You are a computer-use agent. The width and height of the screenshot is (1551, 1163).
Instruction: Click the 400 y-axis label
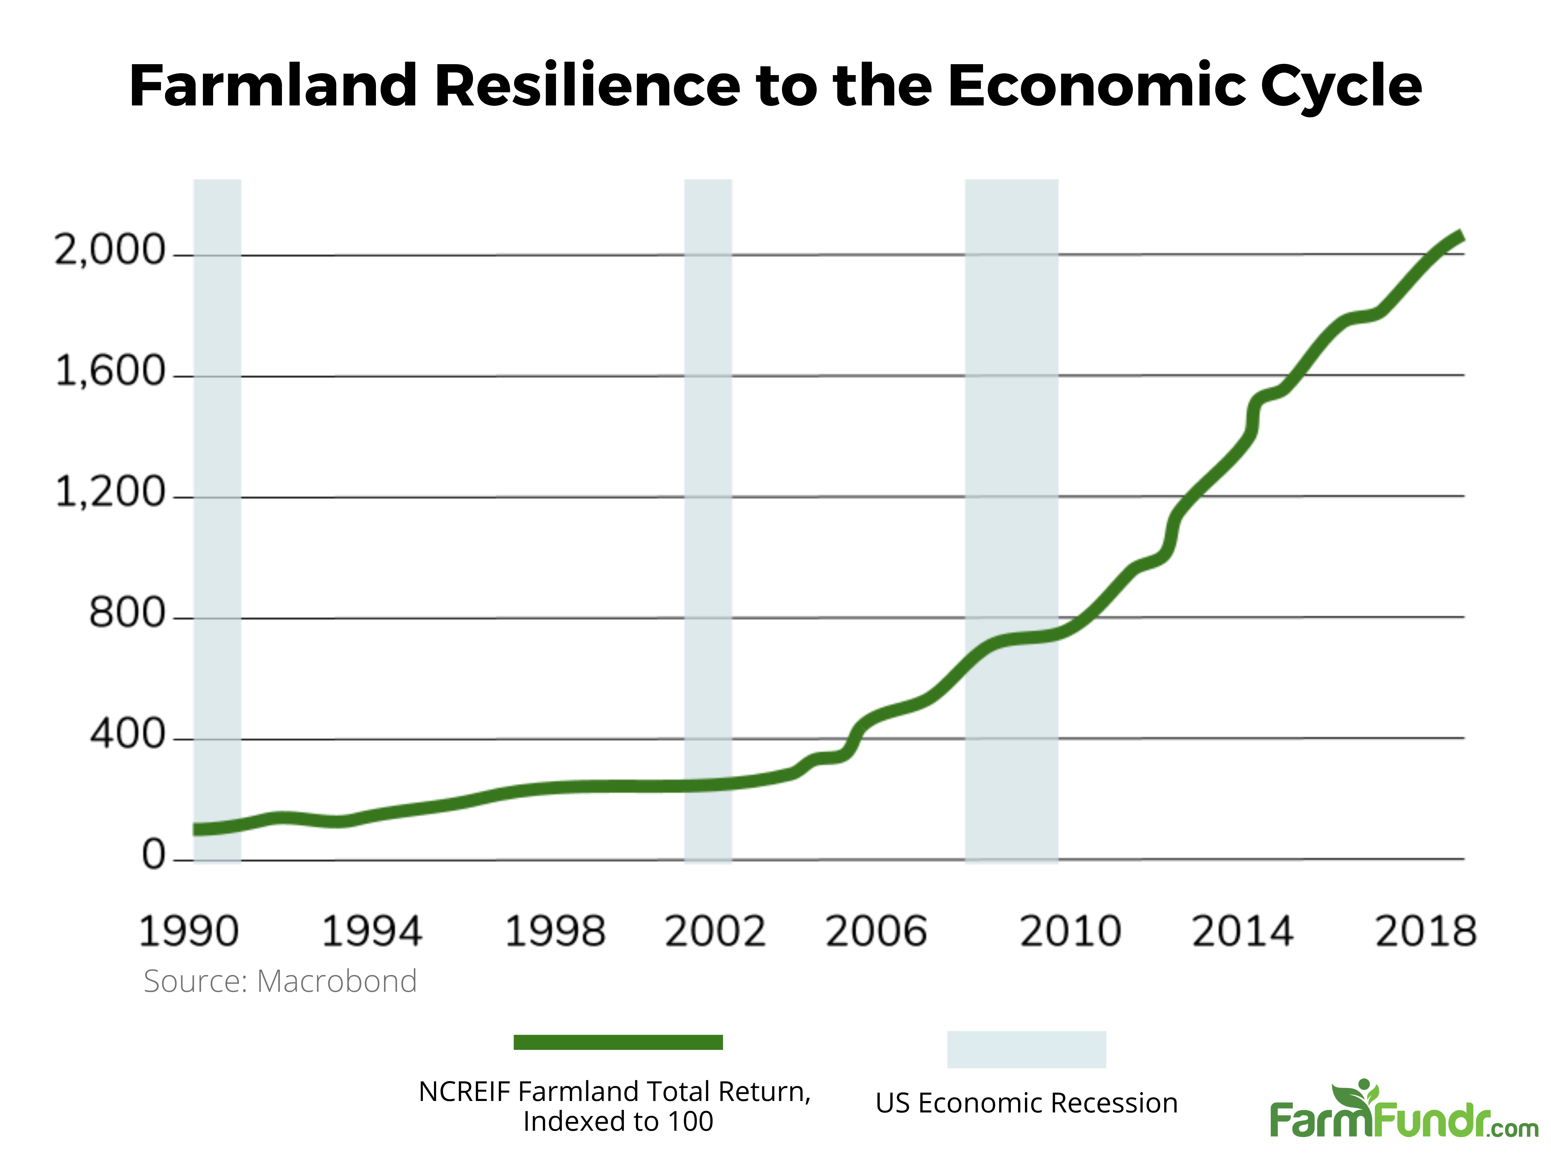[x=127, y=734]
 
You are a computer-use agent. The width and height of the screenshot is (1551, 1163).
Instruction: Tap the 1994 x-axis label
[x=372, y=932]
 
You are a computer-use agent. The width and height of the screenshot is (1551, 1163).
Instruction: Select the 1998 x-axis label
[x=555, y=932]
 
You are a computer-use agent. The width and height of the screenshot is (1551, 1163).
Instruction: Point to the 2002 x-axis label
[x=715, y=932]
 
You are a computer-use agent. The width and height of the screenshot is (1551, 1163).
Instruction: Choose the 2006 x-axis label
[x=876, y=932]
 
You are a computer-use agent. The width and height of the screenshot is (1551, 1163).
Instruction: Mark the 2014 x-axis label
[x=1242, y=932]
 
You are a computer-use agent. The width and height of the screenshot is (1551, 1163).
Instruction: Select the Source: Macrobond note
[x=280, y=981]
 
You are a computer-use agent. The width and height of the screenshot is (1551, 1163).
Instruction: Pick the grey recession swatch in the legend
[x=1026, y=1049]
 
